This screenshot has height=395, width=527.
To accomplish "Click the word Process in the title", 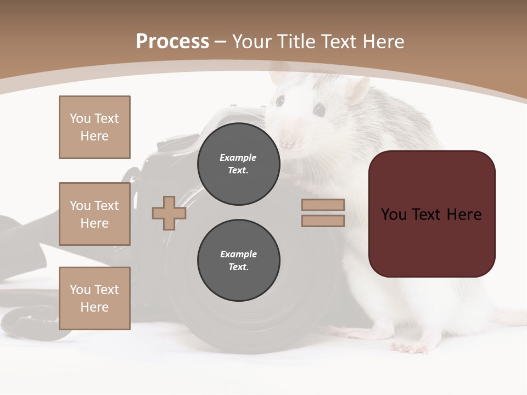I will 172,42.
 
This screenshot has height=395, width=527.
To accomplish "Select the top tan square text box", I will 94,127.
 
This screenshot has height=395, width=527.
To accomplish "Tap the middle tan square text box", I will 94,214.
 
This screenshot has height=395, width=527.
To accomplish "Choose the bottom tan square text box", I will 94,298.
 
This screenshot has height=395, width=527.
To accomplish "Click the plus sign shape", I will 169,213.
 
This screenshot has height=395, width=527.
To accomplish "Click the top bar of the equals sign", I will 323,205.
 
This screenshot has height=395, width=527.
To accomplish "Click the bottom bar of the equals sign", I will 323,221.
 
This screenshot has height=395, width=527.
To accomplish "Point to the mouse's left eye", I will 280,101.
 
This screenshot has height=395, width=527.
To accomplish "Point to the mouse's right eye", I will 319,109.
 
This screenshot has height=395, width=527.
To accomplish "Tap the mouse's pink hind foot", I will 409,347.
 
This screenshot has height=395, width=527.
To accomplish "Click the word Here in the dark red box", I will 464,215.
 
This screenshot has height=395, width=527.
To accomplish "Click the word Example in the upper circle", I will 238,157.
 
